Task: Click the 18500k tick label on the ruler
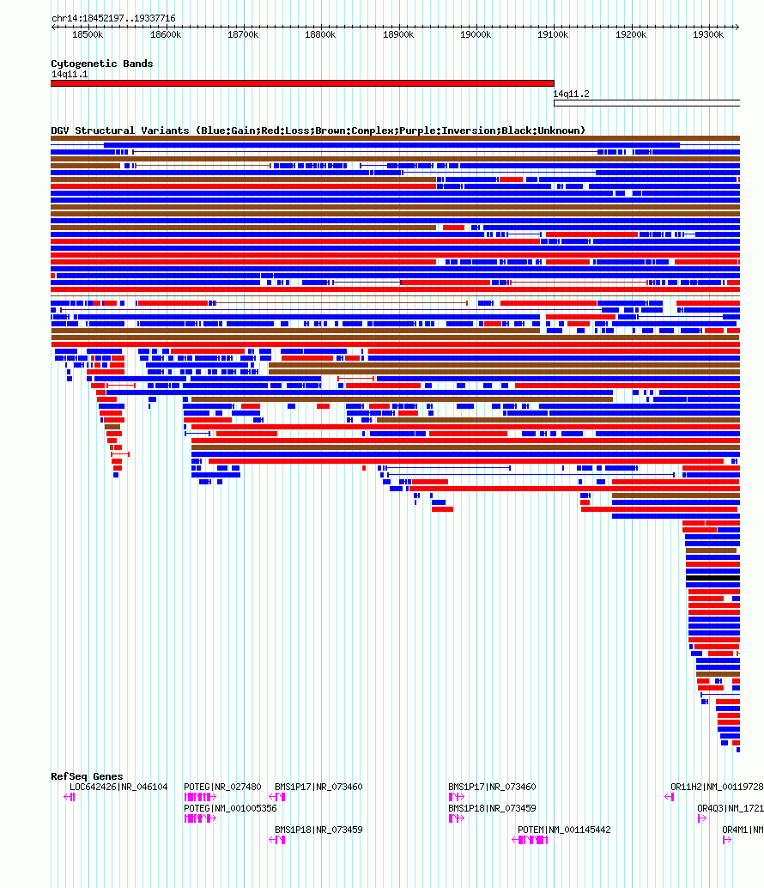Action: (x=88, y=34)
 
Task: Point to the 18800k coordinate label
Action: (x=320, y=34)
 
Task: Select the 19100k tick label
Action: (x=553, y=34)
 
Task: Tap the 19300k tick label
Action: (x=708, y=34)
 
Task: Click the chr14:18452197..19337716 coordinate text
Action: (x=114, y=18)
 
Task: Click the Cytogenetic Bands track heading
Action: (x=102, y=64)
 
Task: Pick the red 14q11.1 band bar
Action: (x=302, y=83)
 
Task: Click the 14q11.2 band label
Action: (x=571, y=94)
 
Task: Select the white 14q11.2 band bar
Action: (x=647, y=103)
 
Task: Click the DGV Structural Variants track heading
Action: (x=318, y=131)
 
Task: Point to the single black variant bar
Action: (x=712, y=578)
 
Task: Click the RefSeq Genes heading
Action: (x=87, y=776)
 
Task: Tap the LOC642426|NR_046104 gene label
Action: (x=118, y=787)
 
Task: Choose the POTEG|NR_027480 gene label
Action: (x=222, y=787)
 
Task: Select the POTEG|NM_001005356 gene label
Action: (x=230, y=808)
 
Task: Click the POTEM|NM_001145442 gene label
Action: (x=564, y=830)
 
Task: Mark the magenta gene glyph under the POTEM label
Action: (x=530, y=840)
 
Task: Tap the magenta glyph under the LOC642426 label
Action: (x=69, y=797)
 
